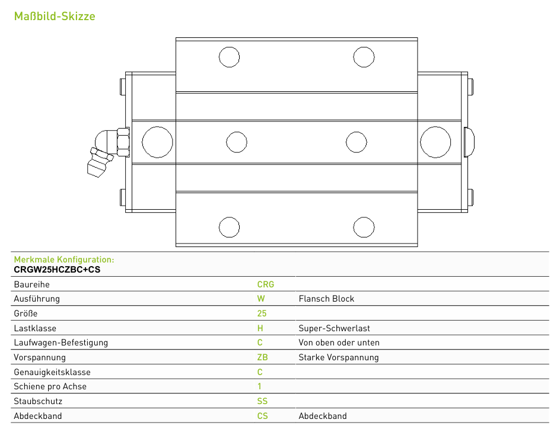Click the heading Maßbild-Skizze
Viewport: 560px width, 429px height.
pos(55,16)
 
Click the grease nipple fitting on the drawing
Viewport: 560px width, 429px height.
pos(108,152)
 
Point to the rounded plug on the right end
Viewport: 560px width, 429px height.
pos(469,142)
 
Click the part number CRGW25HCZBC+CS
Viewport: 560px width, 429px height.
pos(57,270)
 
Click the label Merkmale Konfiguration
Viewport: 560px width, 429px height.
pos(64,260)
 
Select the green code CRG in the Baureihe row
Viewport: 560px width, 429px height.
pos(265,284)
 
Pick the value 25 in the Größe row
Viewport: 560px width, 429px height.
pos(262,313)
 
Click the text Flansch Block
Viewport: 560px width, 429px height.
pos(326,299)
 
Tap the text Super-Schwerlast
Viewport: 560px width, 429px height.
pos(335,328)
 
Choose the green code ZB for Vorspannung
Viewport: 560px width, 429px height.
pos(262,357)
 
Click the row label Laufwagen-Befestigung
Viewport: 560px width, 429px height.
pos(61,342)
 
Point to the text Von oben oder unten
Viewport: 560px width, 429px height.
pos(339,342)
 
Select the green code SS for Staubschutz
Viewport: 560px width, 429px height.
pos(262,401)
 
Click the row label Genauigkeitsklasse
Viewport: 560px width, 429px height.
pos(52,372)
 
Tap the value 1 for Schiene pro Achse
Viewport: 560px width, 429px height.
pos(259,386)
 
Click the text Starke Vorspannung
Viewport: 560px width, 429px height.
pos(339,357)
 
